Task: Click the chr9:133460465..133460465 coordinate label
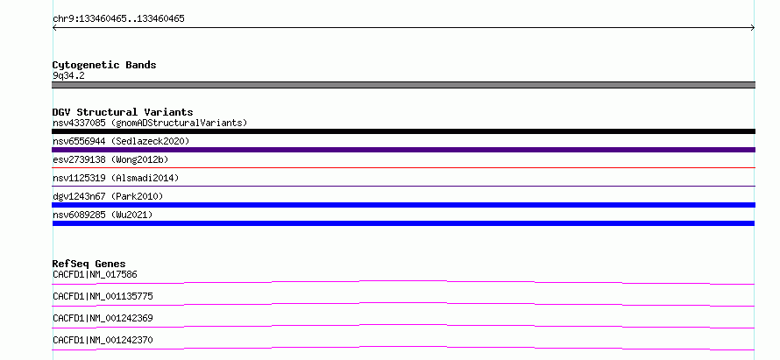118,19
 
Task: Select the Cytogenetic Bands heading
104,65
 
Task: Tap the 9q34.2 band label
68,76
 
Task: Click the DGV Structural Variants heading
123,112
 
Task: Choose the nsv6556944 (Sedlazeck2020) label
121,142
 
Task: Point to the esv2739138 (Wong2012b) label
110,160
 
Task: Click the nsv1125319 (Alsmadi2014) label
116,178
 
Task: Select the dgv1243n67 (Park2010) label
108,197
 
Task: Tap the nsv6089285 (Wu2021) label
103,215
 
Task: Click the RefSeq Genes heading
89,264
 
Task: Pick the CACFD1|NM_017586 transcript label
95,274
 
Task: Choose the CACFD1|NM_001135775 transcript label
103,297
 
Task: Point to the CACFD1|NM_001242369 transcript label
103,319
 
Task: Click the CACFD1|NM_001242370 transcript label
103,341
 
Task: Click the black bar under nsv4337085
403,131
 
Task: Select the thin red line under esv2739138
403,168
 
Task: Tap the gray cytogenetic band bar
403,85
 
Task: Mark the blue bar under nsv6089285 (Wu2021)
403,223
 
